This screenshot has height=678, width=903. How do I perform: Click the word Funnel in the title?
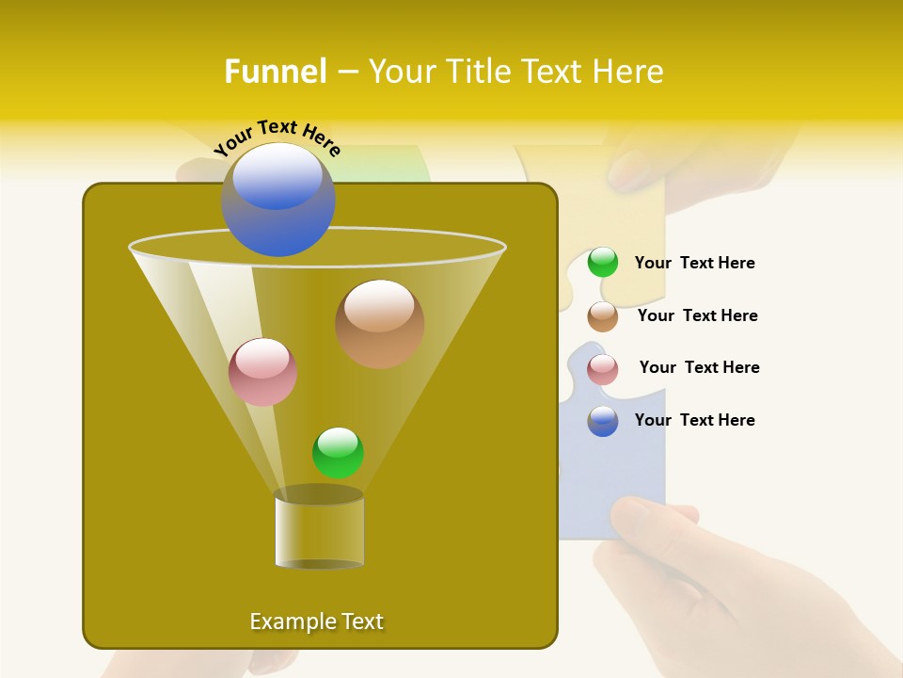(275, 72)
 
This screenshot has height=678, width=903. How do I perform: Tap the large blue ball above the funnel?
(278, 199)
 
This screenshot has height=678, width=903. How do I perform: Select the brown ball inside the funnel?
(380, 323)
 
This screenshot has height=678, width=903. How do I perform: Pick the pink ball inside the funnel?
(263, 372)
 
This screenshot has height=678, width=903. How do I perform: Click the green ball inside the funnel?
(339, 452)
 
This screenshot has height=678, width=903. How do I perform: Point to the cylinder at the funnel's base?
(320, 529)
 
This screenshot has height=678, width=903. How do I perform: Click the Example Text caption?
(316, 621)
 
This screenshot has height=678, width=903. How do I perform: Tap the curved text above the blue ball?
(277, 137)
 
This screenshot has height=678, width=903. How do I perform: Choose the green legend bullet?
(603, 263)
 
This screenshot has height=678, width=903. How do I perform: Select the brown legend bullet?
(603, 316)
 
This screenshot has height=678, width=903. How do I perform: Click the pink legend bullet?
(603, 369)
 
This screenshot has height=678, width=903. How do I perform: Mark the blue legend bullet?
(603, 421)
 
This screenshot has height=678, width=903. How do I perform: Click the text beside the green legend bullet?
(694, 264)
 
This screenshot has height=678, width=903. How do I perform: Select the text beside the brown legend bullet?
(697, 316)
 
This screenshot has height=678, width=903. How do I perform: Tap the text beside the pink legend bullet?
(699, 368)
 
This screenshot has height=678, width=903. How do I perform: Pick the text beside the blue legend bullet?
(694, 421)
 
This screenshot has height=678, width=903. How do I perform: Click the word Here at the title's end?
(628, 72)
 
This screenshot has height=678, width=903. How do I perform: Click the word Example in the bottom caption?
(291, 621)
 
